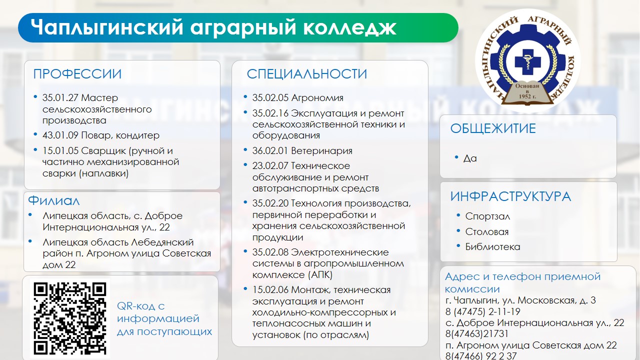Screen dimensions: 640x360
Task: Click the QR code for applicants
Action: pos(69,318)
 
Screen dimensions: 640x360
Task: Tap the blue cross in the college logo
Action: pos(527,62)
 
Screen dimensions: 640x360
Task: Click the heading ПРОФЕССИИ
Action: pos(77,74)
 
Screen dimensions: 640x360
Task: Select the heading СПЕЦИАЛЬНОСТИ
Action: pos(307,74)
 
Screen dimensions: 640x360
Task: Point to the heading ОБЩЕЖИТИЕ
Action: pos(493,128)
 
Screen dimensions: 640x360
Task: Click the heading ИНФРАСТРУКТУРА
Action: pos(510,196)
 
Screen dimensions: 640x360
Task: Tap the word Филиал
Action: pos(53,200)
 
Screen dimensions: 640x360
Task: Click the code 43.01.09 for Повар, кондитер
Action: pos(60,135)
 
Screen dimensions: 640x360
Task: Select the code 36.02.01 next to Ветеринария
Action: pos(270,150)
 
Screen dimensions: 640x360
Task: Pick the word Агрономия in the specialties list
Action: pos(317,98)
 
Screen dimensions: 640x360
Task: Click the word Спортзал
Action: pos(487,216)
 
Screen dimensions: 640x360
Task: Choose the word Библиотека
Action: pos(492,247)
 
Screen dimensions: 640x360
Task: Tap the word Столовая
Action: pos(487,231)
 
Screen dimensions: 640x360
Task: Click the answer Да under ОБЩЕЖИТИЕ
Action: pos(470,158)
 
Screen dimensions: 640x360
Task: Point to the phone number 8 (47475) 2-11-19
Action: pos(483,311)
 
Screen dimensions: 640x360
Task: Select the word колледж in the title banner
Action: pos(349,27)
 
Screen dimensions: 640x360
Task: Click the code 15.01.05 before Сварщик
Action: pos(60,150)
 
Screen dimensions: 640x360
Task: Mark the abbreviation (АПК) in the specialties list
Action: pos(320,275)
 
